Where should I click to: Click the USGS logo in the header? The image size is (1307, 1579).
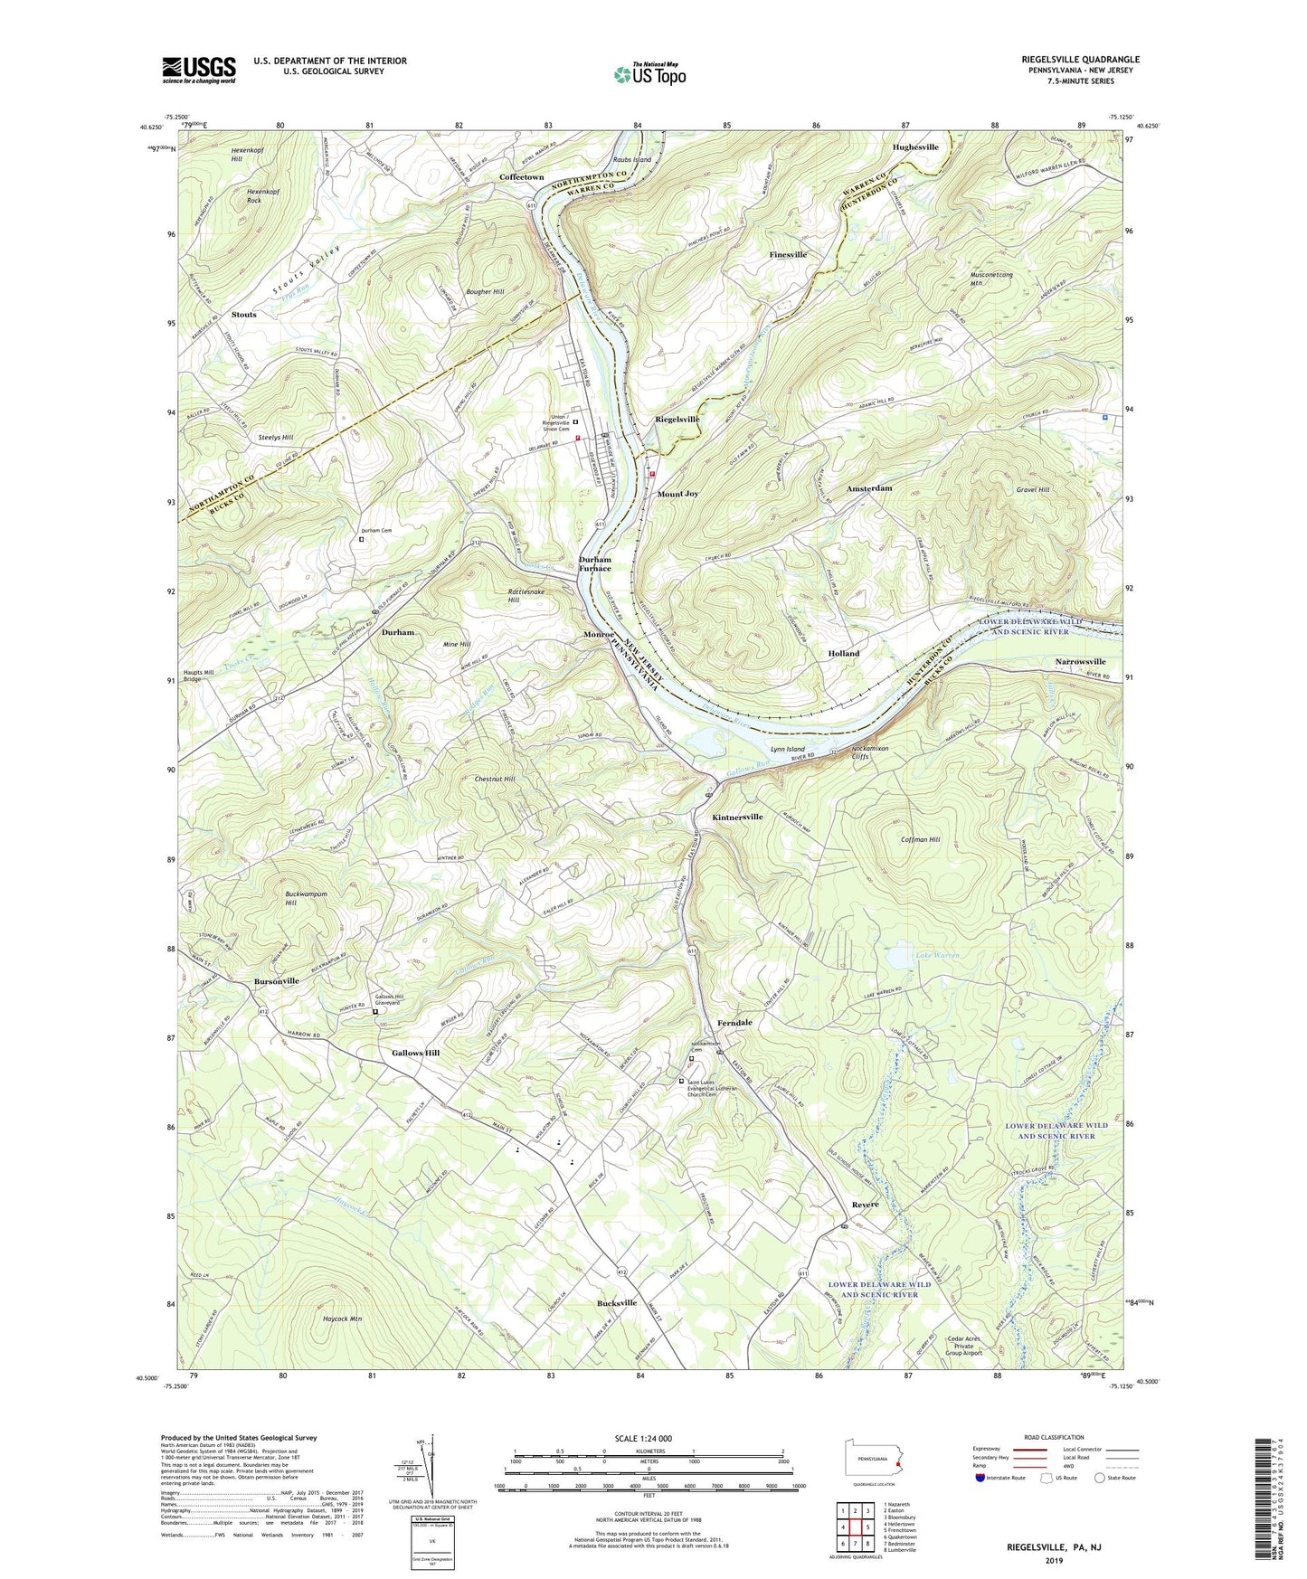[x=199, y=70]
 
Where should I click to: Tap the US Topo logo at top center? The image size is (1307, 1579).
[x=649, y=74]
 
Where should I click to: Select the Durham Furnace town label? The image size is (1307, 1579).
[x=595, y=564]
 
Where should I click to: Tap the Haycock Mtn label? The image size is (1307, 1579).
[x=343, y=1319]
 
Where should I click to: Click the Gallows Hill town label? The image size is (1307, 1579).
[x=415, y=1053]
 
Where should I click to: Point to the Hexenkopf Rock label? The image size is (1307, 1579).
[x=267, y=196]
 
